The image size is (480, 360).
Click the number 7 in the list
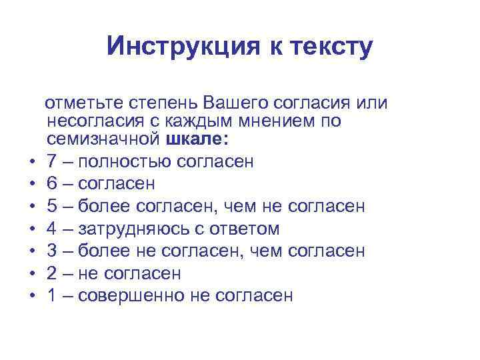[x=52, y=161]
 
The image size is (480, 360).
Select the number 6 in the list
[x=52, y=183]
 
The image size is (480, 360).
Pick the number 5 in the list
[x=52, y=206]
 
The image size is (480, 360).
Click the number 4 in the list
[x=52, y=229]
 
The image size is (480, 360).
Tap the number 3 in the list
[x=52, y=251]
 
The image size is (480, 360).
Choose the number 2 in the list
[x=52, y=273]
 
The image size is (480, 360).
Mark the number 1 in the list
[x=52, y=296]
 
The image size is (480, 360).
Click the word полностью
[x=124, y=161]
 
